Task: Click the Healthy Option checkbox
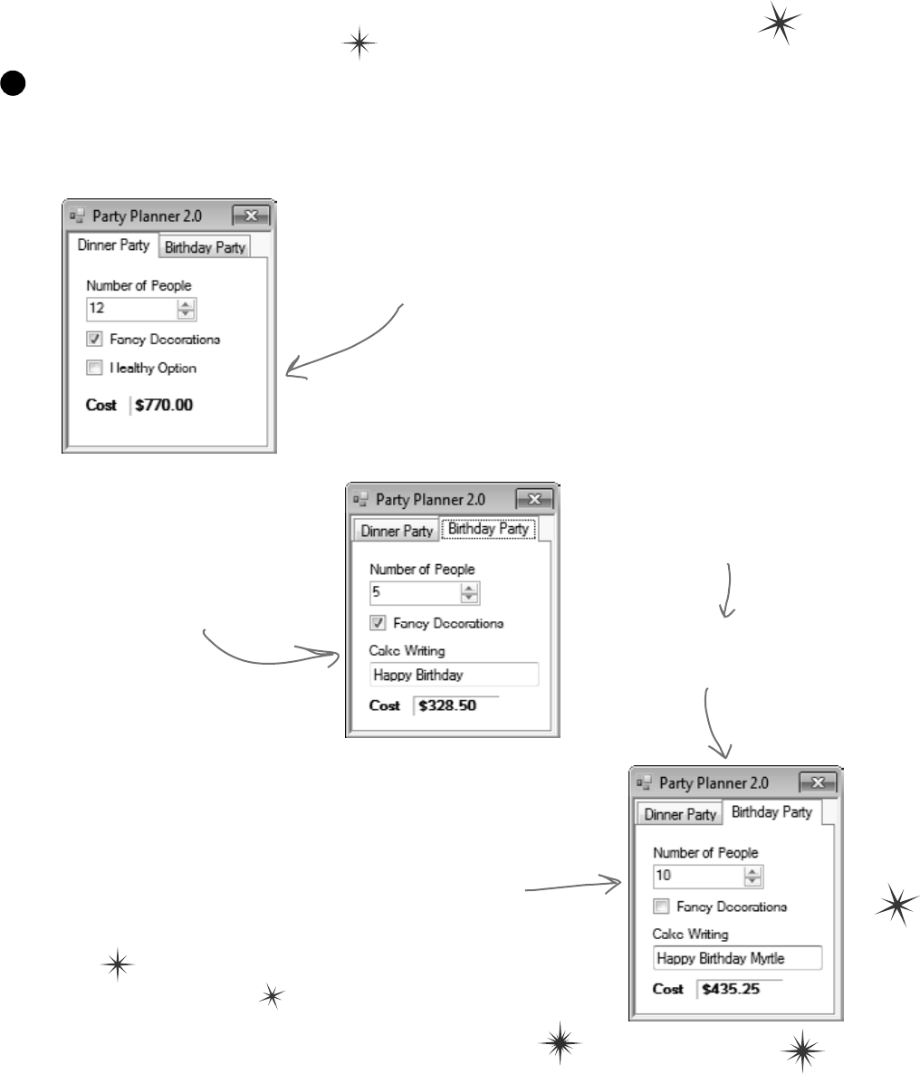(x=94, y=369)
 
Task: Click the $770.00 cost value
(x=164, y=405)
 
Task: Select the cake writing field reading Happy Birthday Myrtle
(x=737, y=958)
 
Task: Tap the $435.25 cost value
(x=731, y=989)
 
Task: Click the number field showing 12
(x=131, y=309)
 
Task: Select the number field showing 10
(x=698, y=877)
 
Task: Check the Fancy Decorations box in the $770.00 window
(x=94, y=340)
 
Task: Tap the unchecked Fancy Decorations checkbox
(x=661, y=906)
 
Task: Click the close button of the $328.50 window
(x=534, y=499)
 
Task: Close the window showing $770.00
(x=251, y=216)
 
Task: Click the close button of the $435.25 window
(x=818, y=782)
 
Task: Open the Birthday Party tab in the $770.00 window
(x=205, y=247)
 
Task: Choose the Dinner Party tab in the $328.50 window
(x=397, y=531)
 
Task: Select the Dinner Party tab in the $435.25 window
(x=680, y=814)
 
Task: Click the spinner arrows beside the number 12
(x=187, y=309)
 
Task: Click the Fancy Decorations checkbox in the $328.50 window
(x=378, y=623)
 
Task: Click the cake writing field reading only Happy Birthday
(x=454, y=675)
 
